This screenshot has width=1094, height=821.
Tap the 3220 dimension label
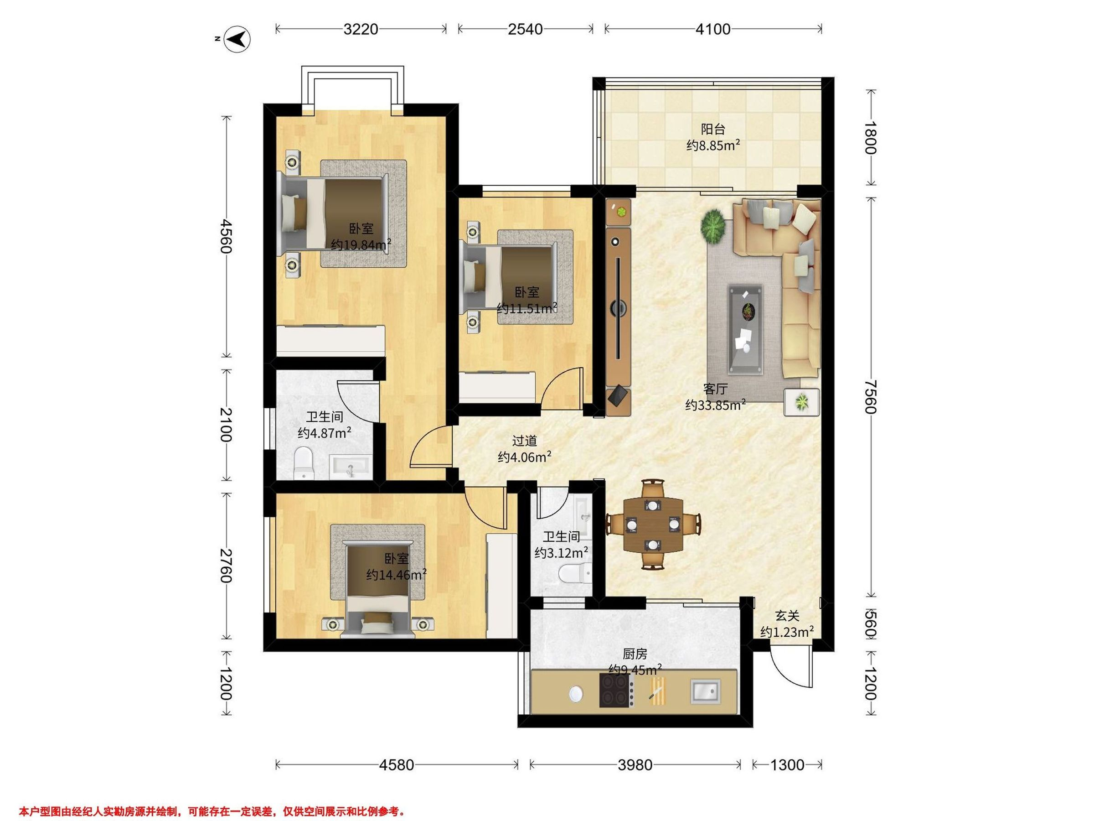(361, 29)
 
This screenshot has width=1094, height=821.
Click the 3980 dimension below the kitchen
(635, 765)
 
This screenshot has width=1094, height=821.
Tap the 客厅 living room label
(715, 389)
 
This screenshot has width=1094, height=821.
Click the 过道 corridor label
(524, 441)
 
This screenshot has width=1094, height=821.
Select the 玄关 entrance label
(787, 616)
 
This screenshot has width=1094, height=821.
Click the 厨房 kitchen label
(635, 654)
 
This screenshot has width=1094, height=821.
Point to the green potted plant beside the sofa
(712, 226)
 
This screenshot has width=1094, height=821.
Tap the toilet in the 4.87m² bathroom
(303, 464)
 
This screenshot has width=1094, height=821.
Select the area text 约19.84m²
(361, 244)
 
